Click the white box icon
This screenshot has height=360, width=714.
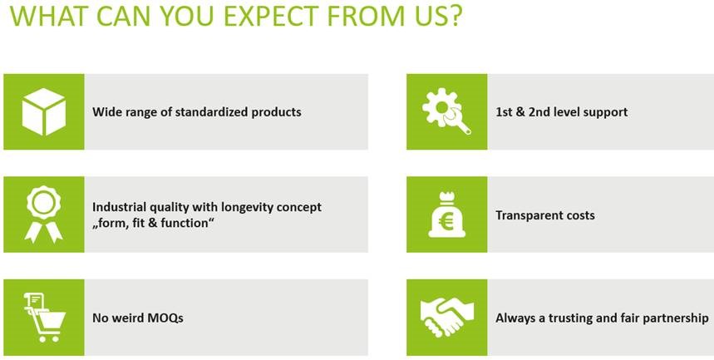(44, 111)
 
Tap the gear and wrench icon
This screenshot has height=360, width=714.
(446, 112)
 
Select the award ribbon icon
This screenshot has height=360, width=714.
(44, 215)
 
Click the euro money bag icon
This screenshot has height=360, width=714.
(446, 215)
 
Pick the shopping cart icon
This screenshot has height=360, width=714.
(44, 317)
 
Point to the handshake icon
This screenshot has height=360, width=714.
(446, 317)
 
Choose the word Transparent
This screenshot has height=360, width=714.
(524, 215)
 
